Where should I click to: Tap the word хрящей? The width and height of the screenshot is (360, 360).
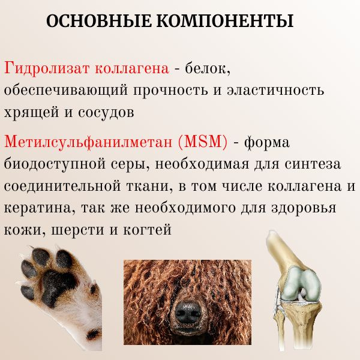coord(26,112)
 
